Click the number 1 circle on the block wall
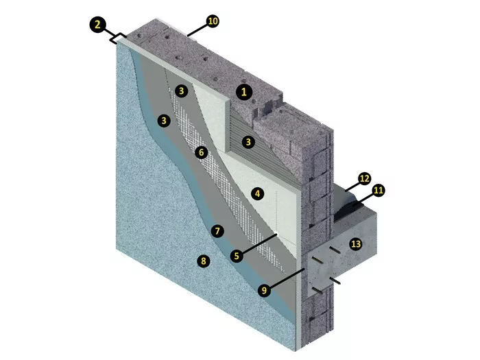click(244, 92)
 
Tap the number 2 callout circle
click(97, 25)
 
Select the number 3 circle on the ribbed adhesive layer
click(248, 142)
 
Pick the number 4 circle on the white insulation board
click(257, 193)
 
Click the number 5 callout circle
click(237, 256)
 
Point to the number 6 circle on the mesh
click(201, 152)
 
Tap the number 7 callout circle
click(217, 231)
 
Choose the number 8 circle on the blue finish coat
click(204, 261)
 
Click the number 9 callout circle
click(264, 289)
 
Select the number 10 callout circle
click(213, 21)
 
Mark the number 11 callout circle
click(379, 191)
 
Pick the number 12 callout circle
click(364, 178)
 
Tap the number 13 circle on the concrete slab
click(356, 244)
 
